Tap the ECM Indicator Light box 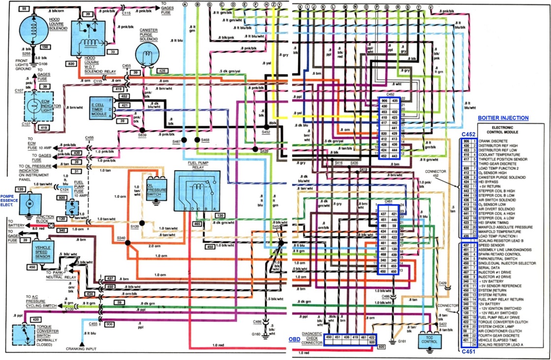(37, 108)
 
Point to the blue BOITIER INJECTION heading (503, 118)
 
